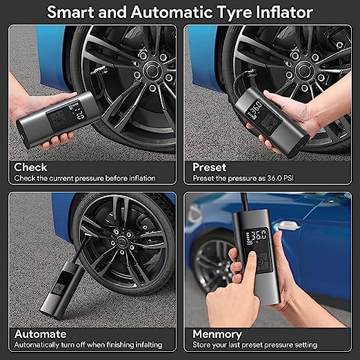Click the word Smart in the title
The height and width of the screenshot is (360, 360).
point(77,12)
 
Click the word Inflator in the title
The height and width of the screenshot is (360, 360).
point(284,12)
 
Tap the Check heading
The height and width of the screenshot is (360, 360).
point(31,167)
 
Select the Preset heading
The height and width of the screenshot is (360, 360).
point(210,167)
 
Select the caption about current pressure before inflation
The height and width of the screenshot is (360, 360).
point(86,178)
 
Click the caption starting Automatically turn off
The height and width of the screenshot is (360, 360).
point(90,345)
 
